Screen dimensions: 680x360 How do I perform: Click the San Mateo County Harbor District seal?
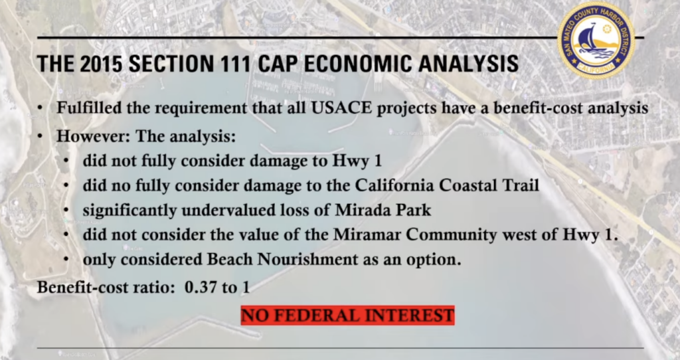coord(596,41)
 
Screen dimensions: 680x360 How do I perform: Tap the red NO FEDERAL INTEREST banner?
coord(348,315)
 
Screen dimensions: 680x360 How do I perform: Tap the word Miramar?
coord(367,234)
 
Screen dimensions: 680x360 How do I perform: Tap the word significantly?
coord(130,211)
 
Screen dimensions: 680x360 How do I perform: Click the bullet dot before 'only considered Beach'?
coord(66,260)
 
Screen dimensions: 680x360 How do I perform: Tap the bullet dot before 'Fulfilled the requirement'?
coord(40,108)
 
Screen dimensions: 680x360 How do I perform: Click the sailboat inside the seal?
coord(589,39)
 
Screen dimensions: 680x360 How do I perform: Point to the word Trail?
coord(521,185)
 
